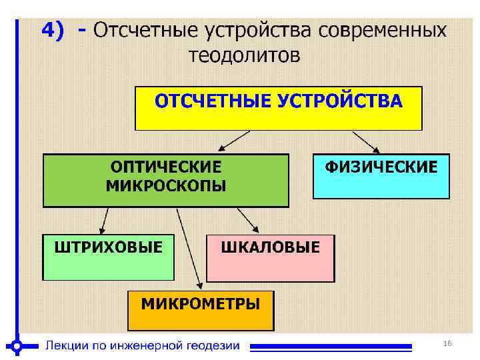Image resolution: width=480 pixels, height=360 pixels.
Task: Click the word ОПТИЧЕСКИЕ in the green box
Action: coord(166,166)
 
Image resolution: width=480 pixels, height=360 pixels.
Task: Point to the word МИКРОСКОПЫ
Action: coord(166,185)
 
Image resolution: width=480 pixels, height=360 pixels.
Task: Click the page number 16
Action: coord(447,343)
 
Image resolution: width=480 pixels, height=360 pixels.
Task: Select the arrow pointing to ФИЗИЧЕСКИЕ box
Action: coord(366,141)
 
